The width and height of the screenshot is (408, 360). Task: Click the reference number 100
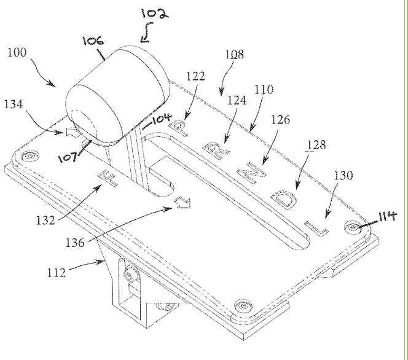17,52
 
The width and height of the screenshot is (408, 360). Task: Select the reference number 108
235,54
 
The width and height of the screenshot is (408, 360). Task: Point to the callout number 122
195,76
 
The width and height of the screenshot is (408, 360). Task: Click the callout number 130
343,175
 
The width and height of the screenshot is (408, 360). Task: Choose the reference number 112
56,273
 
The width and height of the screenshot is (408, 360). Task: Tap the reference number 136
75,243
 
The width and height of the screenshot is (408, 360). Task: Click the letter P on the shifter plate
178,128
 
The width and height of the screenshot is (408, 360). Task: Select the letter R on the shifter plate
216,151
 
